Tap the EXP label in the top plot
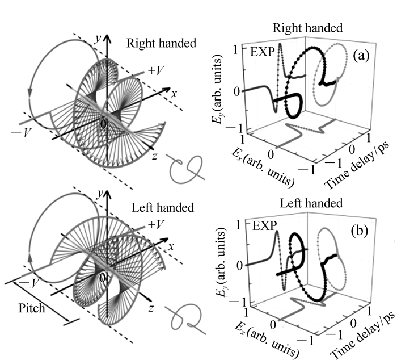point(263,53)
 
